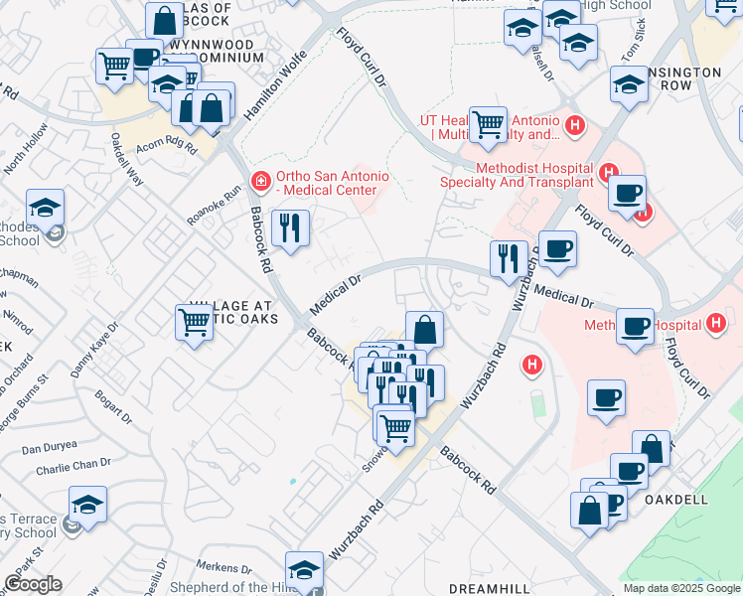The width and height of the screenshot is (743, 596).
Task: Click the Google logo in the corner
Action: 33,584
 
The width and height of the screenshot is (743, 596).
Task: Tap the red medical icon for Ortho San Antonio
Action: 260,180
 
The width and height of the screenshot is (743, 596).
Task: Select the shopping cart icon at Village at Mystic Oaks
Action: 194,322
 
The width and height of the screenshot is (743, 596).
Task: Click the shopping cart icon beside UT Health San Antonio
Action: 488,124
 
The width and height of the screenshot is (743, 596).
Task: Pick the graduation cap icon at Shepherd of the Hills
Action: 303,569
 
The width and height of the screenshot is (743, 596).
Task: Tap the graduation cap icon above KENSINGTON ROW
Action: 629,86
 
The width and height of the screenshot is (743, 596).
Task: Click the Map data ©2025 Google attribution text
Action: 681,588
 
